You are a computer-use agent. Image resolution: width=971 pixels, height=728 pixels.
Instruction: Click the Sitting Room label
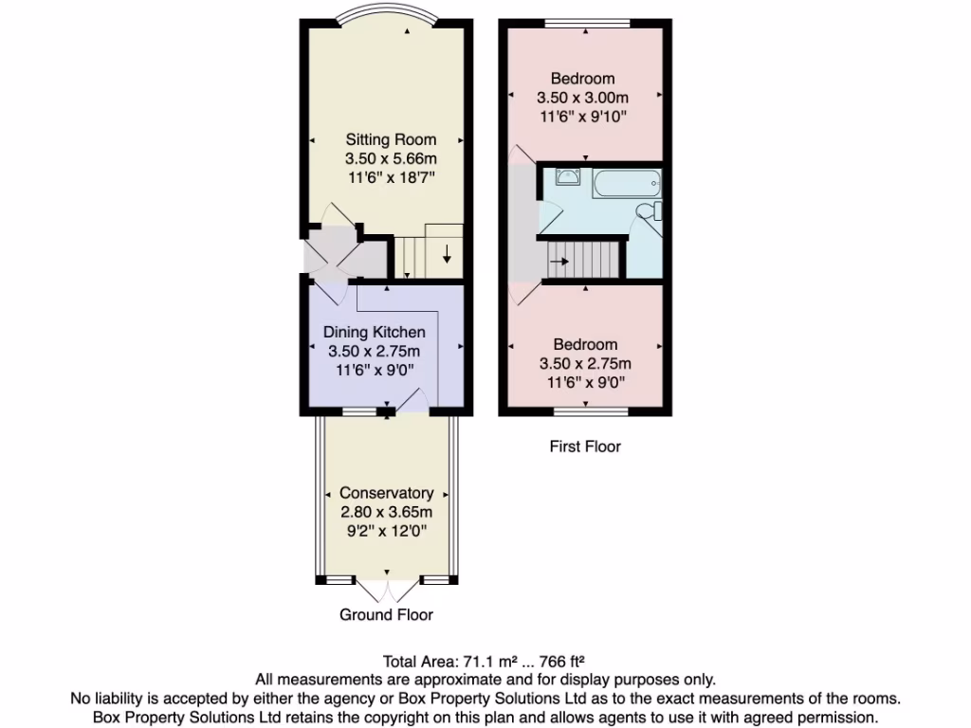pos(391,139)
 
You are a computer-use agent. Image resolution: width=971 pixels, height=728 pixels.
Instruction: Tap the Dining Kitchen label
pos(374,332)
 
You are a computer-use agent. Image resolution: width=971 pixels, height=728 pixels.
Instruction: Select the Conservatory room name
pos(386,493)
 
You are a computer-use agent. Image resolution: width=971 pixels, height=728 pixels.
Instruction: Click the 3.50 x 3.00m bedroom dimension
pos(583,98)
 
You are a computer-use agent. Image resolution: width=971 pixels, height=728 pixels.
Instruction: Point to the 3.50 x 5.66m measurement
pos(391,158)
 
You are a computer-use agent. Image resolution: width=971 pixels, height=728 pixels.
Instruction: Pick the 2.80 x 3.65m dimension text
pos(386,512)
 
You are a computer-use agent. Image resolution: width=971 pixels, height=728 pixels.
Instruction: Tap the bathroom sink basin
pos(566,176)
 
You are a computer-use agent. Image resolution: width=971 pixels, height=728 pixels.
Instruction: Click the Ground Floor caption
pos(386,615)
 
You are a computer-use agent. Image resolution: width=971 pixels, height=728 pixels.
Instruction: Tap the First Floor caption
pos(585,446)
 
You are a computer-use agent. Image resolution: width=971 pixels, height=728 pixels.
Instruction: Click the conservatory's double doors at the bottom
pos(387,590)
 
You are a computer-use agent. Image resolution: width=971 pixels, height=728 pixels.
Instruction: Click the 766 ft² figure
pos(558,662)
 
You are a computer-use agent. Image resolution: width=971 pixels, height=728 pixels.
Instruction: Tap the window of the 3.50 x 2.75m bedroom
pos(591,412)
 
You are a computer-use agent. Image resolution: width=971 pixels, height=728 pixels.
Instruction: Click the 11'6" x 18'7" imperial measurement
pos(391,177)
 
